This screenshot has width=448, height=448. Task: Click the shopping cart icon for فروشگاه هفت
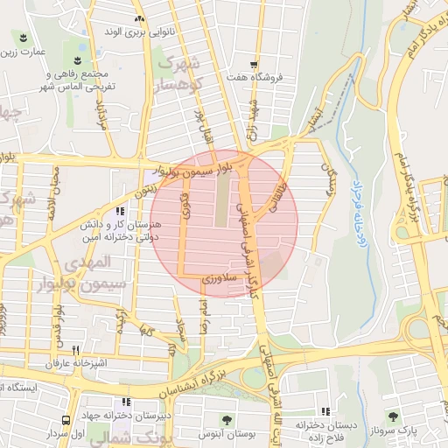pos(254,64)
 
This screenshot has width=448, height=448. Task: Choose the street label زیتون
pos(145,185)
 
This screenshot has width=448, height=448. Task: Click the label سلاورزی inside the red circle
pos(213,279)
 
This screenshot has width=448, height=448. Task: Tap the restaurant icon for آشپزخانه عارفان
pos(77,349)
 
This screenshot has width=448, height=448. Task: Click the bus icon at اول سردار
pos(66,420)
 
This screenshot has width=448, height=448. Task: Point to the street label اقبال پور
pos(202,122)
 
